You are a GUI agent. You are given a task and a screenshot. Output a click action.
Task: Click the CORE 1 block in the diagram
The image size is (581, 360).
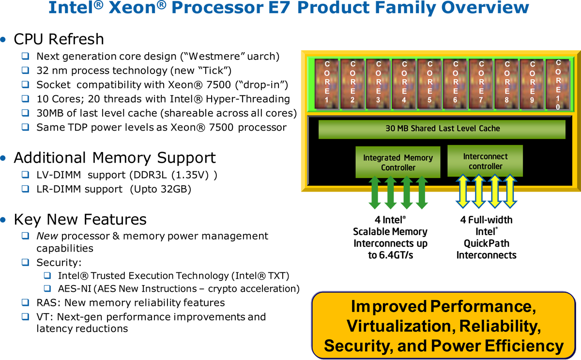326,83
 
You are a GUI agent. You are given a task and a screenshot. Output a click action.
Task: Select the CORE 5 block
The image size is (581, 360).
429,83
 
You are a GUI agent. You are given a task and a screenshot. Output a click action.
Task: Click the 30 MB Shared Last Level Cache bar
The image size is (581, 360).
442,129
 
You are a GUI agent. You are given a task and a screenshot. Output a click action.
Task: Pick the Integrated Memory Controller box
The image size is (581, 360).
398,162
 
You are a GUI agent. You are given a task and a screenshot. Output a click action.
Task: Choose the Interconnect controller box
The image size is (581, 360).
485,161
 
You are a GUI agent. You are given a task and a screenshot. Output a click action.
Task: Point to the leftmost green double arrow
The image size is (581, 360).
375,192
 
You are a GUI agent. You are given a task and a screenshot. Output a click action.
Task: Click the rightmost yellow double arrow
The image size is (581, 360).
510,191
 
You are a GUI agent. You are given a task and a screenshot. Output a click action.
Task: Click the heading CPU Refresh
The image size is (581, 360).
59,39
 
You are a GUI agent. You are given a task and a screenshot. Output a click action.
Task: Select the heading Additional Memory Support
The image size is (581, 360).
115,158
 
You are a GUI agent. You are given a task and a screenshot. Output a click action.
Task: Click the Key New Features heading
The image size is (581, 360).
80,219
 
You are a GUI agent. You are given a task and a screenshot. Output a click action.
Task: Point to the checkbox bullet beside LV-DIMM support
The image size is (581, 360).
25,174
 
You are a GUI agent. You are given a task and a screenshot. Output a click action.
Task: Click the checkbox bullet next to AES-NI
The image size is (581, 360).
47,288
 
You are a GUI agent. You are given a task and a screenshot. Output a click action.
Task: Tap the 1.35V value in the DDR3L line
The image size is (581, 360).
192,175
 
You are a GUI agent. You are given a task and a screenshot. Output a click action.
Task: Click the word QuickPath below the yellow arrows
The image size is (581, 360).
486,243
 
